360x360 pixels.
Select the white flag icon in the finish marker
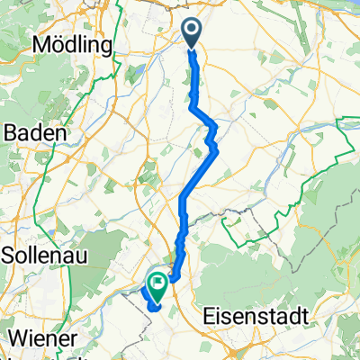(158, 283)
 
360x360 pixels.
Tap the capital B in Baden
(13, 132)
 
